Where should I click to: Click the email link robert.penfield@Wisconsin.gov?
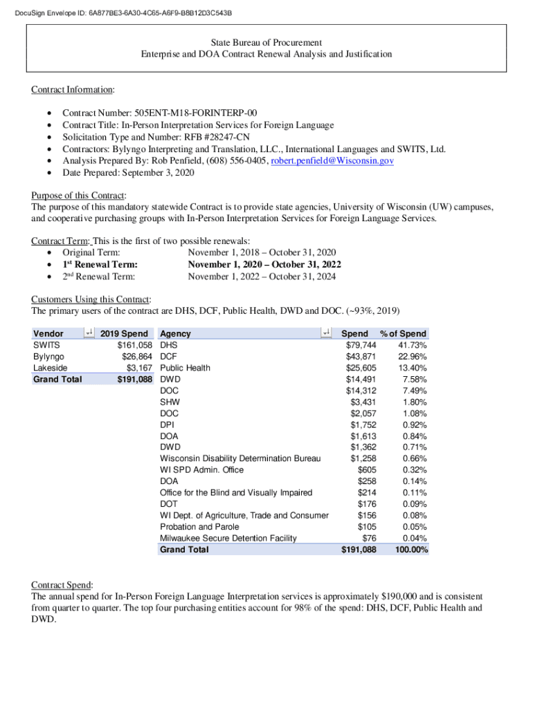point(332,160)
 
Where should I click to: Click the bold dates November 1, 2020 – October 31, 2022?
point(264,264)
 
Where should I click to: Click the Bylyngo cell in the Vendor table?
point(48,357)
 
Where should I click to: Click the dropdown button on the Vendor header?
point(89,333)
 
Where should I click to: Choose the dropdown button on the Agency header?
point(327,333)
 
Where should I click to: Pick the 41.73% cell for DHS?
point(412,345)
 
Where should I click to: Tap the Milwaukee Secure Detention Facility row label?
point(228,538)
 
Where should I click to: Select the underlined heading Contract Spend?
point(62,584)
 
